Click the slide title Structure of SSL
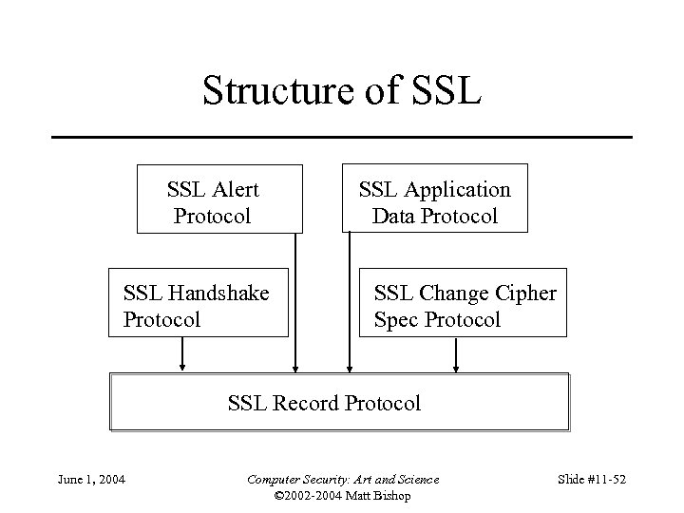click(x=341, y=91)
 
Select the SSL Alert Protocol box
click(x=219, y=199)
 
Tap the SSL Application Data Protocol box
click(x=433, y=199)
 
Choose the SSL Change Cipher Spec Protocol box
click(x=465, y=303)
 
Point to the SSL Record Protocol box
click(x=340, y=403)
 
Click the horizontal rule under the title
click(x=341, y=137)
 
